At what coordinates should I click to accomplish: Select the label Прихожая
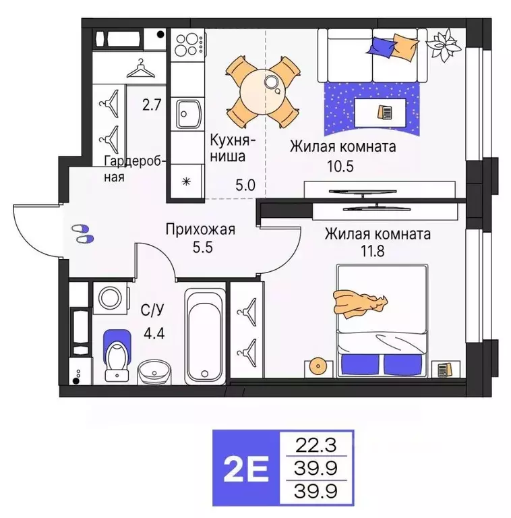200,230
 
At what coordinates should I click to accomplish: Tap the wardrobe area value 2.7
152,106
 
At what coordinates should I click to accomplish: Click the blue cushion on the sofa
384,47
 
